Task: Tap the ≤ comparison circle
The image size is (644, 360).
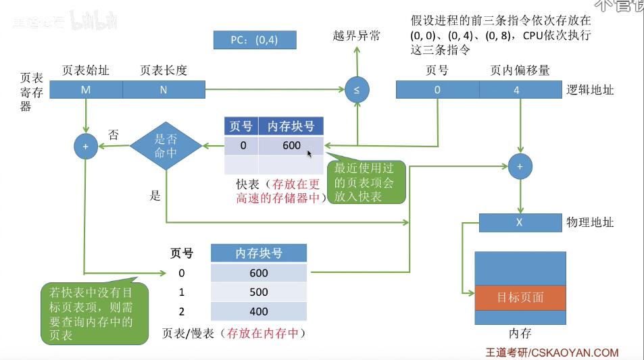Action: click(357, 90)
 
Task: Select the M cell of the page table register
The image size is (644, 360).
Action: click(86, 90)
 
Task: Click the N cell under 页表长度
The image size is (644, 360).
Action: click(164, 90)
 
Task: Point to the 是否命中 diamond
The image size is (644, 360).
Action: click(166, 145)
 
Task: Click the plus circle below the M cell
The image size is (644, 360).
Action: click(86, 145)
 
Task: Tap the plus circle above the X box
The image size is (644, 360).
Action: click(520, 165)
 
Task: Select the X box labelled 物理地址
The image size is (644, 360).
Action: click(519, 222)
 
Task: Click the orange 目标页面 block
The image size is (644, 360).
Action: click(519, 298)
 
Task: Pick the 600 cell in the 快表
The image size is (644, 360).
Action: click(291, 146)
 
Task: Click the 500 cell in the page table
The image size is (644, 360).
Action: click(258, 292)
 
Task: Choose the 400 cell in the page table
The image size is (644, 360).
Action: click(258, 311)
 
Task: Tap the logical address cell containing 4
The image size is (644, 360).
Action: click(520, 90)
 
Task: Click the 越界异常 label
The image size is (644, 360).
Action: click(357, 36)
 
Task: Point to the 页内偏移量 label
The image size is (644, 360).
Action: click(520, 70)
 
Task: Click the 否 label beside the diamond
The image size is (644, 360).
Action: click(114, 135)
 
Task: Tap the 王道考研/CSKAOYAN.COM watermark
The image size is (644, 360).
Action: click(552, 353)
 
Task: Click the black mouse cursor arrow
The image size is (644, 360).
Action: click(309, 154)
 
